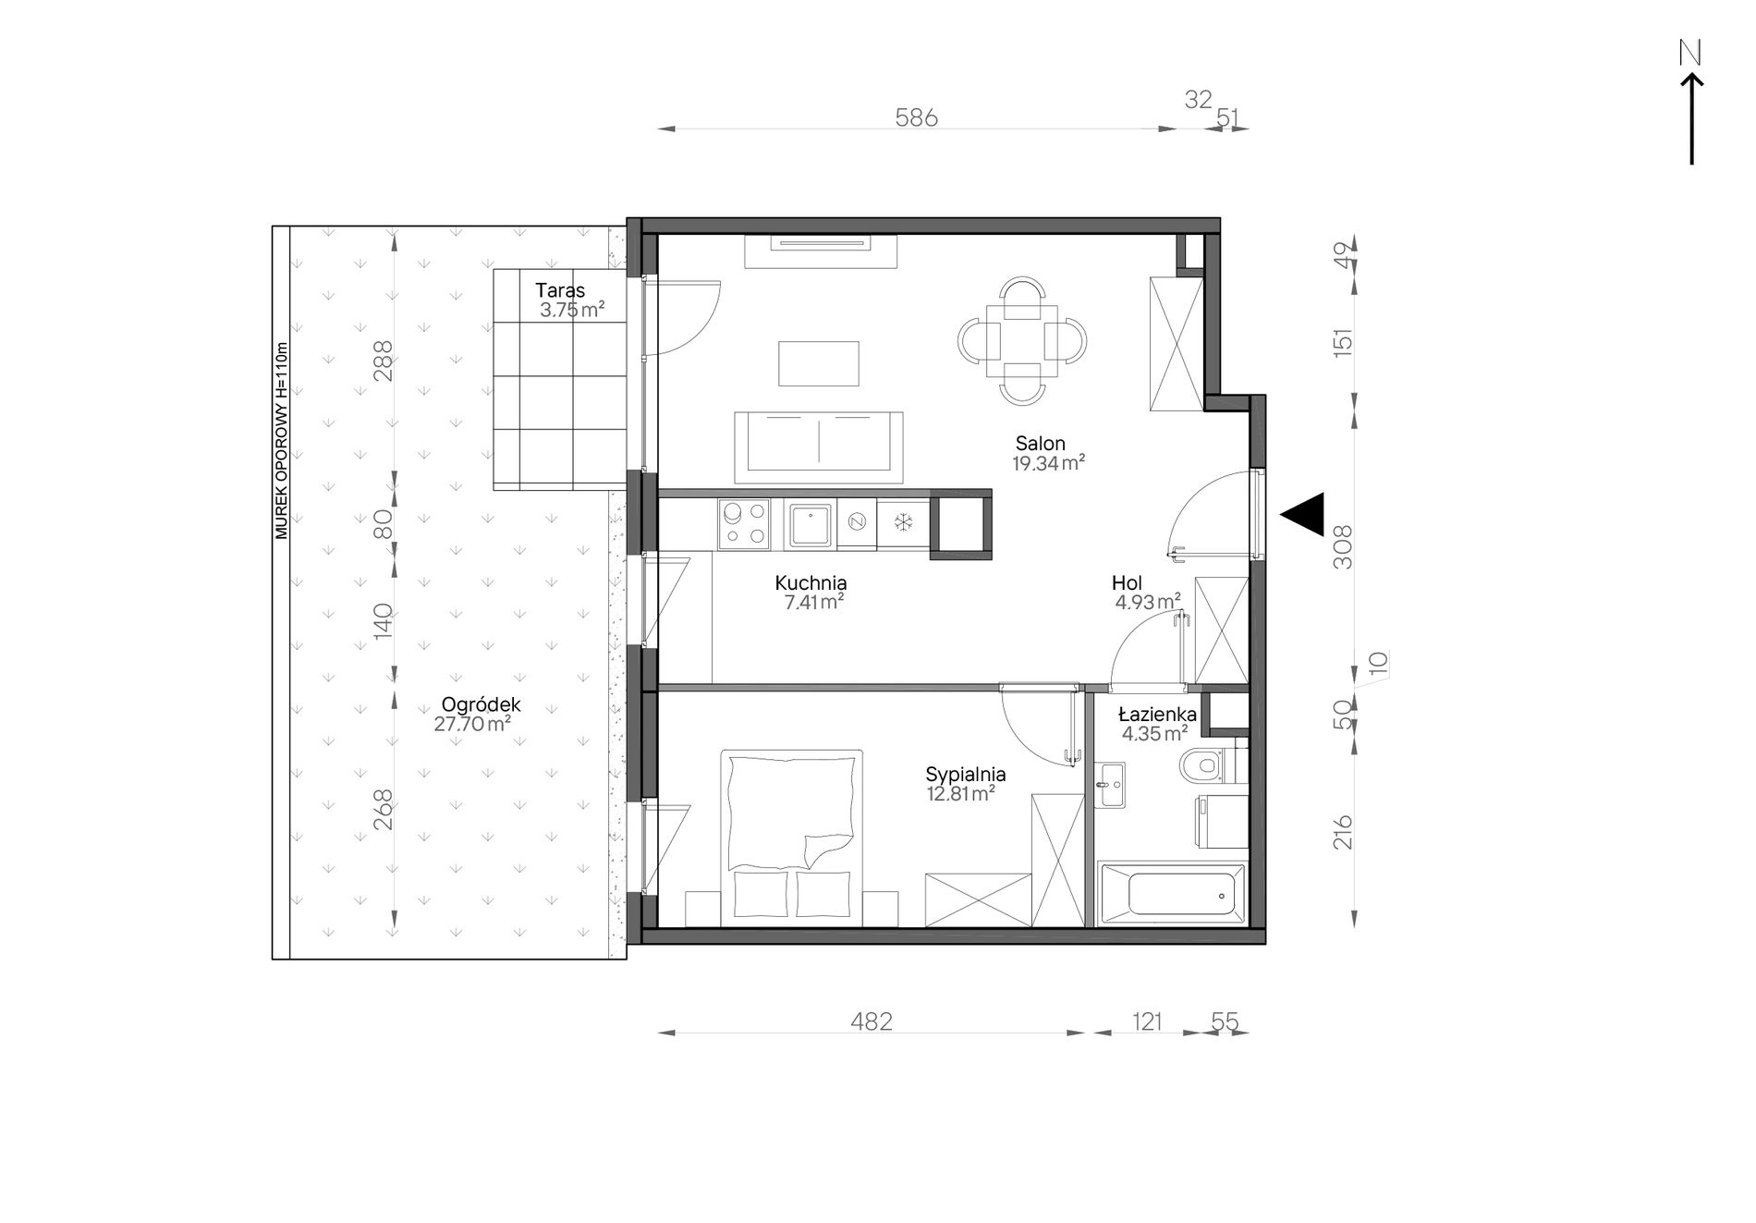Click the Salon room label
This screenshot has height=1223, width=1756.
[x=1040, y=443]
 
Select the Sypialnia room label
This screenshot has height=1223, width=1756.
[x=966, y=775]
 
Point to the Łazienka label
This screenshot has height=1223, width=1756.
[x=1157, y=715]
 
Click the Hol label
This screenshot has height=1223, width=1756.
[x=1127, y=583]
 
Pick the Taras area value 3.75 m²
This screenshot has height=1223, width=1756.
[x=572, y=311]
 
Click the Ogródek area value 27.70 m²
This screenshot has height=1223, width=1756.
[x=472, y=724]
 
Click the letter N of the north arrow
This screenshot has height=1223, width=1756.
[x=1690, y=54]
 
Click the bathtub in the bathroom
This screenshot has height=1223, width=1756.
[x=1171, y=894]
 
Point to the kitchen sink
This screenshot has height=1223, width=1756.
[x=811, y=523]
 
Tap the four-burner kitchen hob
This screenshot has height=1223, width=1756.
[x=744, y=523]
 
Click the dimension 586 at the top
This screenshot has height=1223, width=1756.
[x=916, y=118]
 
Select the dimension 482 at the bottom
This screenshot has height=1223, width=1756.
[x=871, y=1021]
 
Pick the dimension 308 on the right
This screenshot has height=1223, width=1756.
[x=1343, y=546]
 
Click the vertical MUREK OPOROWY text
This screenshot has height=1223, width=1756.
[x=282, y=441]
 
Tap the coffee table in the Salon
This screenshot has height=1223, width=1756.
[x=819, y=363]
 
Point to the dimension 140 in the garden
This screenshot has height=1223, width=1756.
[x=383, y=621]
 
